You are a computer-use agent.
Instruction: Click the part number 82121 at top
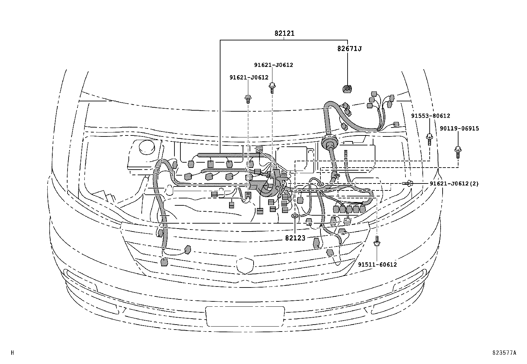[284, 33]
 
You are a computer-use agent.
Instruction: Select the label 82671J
[349, 49]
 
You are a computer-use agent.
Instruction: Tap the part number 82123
[295, 238]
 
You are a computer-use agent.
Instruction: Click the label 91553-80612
[430, 116]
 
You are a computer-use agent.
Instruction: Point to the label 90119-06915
[459, 129]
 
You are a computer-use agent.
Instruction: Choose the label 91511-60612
[377, 264]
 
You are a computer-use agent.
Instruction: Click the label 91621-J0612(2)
[454, 183]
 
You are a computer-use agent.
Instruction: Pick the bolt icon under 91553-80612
[429, 139]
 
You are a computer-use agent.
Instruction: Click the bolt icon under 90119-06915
[458, 152]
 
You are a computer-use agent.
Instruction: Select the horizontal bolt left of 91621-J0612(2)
[407, 183]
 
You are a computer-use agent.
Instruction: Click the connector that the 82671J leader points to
[347, 88]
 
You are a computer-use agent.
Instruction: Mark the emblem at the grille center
[245, 265]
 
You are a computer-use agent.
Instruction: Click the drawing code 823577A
[503, 353]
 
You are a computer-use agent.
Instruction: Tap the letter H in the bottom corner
[13, 353]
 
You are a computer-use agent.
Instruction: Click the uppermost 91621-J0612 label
[273, 65]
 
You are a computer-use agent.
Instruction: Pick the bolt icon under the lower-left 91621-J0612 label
[248, 98]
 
